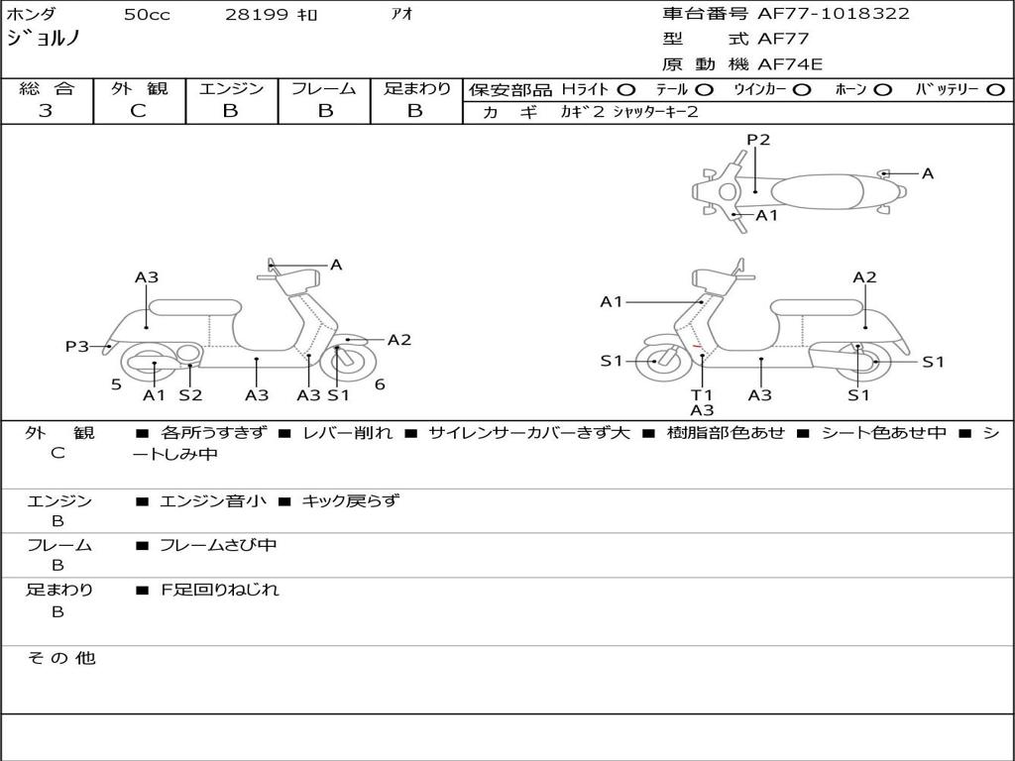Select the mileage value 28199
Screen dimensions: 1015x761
coord(258,15)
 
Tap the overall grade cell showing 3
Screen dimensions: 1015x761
coord(47,111)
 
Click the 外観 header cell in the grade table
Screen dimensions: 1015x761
coord(139,89)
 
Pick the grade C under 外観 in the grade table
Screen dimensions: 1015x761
coord(139,111)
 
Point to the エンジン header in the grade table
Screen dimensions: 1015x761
coord(231,89)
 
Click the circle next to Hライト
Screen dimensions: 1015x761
coord(626,90)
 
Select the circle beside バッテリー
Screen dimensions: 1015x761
coord(997,90)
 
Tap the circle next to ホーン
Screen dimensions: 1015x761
coord(883,90)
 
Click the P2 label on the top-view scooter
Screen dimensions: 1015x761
coord(758,140)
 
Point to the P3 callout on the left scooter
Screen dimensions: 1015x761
coord(77,347)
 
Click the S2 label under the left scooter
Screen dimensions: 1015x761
coord(190,395)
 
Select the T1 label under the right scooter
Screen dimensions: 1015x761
coord(702,395)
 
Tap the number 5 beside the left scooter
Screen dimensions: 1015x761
coord(116,384)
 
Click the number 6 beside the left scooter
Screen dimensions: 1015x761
coord(380,384)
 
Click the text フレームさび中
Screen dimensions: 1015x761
coord(218,545)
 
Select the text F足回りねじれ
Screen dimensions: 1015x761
coord(220,590)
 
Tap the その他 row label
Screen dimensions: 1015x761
coord(60,658)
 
